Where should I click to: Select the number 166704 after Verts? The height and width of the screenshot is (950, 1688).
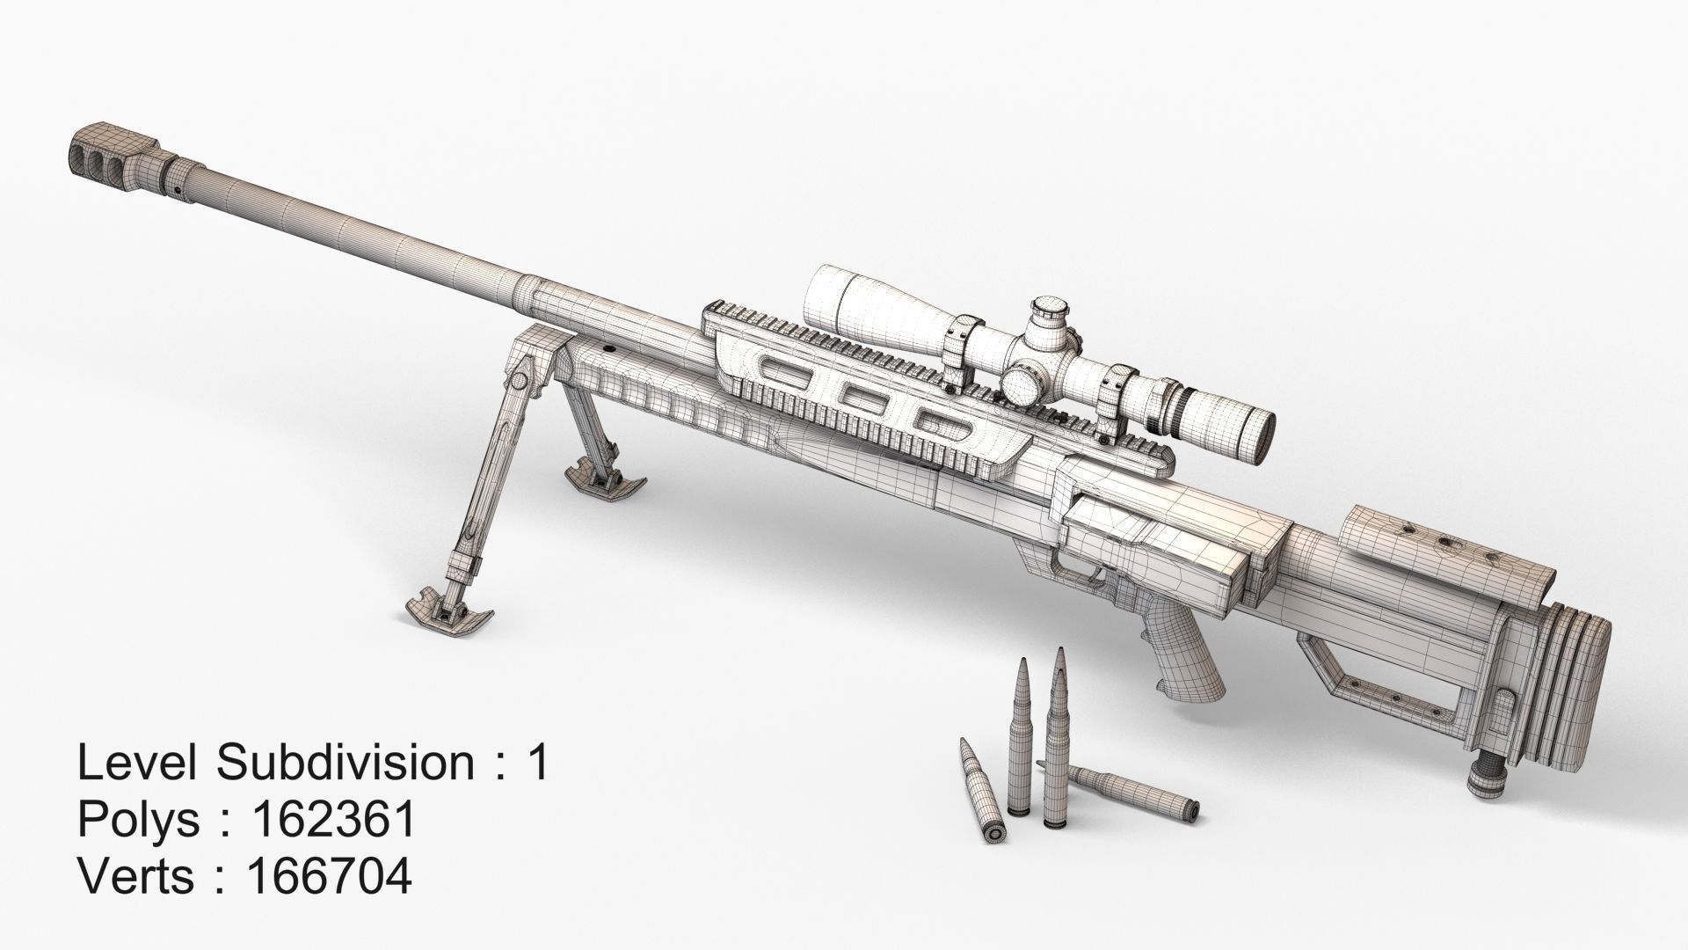pyautogui.click(x=330, y=877)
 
